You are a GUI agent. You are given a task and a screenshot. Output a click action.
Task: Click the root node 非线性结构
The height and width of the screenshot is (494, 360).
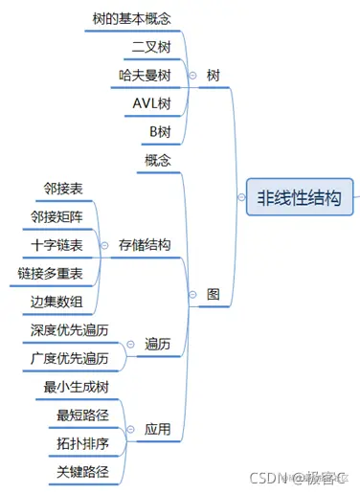(298, 199)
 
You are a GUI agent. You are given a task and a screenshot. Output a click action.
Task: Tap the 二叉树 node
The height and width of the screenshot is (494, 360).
(151, 46)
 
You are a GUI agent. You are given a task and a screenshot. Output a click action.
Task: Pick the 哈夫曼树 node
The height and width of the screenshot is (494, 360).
(146, 75)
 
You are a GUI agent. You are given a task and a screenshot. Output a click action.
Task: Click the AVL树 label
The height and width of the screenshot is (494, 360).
(150, 103)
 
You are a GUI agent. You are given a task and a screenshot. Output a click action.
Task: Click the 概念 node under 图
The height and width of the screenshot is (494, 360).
(158, 160)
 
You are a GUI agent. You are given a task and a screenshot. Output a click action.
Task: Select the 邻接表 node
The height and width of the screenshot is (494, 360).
(63, 189)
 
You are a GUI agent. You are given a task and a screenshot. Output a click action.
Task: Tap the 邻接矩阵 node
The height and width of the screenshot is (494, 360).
(56, 217)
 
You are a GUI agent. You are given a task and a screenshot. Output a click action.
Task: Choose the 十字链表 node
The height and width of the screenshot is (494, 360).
(56, 245)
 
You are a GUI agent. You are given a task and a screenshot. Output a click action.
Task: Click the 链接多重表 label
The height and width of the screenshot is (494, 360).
(50, 274)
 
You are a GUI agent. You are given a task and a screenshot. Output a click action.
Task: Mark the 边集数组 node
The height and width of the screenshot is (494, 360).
(56, 303)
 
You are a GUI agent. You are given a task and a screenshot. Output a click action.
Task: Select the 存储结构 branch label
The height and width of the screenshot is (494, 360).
(146, 245)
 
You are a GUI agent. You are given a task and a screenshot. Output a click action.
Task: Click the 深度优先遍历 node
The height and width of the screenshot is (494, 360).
(69, 330)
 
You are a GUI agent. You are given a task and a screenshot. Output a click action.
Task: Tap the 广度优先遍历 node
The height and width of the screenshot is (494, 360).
(69, 359)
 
